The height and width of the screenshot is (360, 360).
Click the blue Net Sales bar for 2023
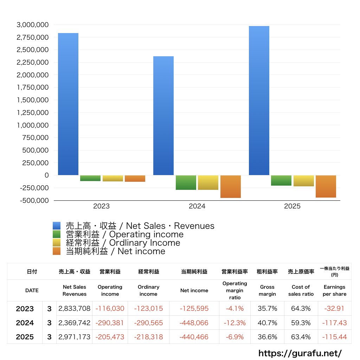[68, 104]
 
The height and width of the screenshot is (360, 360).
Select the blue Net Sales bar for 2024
[163, 116]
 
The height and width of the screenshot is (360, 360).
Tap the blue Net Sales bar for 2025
[259, 101]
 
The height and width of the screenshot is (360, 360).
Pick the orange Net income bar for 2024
[231, 187]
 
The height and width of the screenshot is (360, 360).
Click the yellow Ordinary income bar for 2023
[113, 178]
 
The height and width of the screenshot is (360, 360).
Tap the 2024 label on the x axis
[197, 206]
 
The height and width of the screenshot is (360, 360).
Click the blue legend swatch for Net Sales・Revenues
[57, 226]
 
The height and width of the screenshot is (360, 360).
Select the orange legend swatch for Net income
[57, 251]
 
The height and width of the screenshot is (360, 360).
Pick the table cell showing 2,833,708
[75, 309]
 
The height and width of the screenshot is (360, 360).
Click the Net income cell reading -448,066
[194, 323]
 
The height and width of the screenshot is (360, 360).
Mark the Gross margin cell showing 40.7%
[267, 323]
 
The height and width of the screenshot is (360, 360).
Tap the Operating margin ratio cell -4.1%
[234, 309]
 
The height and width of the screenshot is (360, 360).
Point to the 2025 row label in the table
[25, 337]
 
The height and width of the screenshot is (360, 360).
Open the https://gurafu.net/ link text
[300, 353]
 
